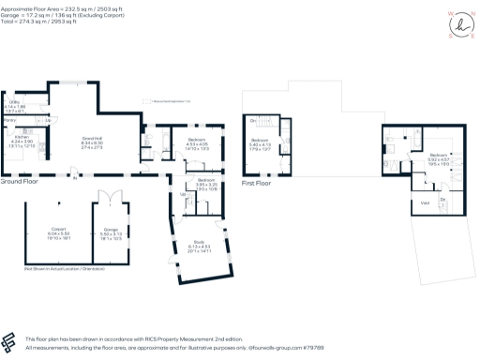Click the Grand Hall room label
[92, 139]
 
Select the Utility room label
[15, 102]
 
